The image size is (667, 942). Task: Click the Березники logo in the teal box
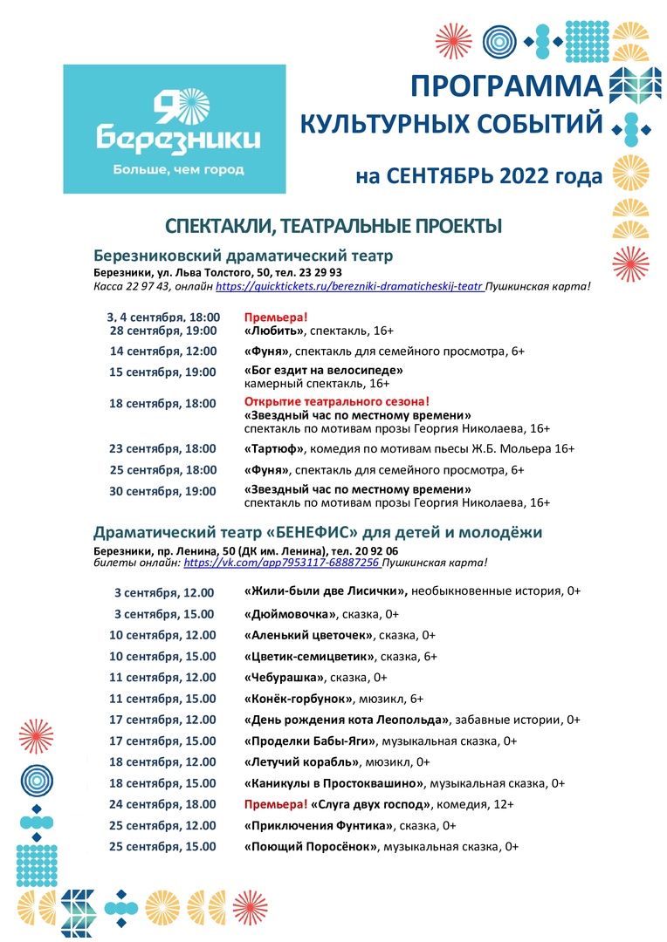[x=174, y=127]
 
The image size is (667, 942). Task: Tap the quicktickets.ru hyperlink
[x=349, y=286]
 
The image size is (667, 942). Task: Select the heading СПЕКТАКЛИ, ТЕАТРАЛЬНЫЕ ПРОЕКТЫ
[x=333, y=227]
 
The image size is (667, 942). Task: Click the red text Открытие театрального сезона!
[x=337, y=401]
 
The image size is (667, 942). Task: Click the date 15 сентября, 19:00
[x=162, y=372]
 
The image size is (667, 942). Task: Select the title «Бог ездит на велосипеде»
[x=323, y=369]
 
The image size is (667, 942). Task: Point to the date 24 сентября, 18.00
[x=162, y=804]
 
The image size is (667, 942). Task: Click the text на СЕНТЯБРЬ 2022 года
[x=478, y=176]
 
